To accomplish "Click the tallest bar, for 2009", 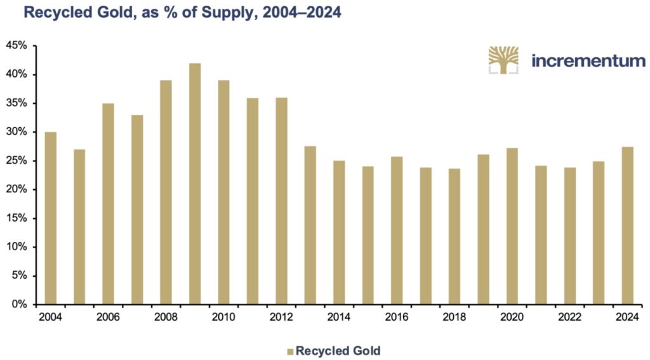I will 195,183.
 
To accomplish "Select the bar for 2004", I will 51,218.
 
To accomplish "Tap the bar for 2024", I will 627,225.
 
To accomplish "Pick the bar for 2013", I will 310,225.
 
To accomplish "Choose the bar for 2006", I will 108,203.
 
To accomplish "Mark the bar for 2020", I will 512,226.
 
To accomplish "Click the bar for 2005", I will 79,227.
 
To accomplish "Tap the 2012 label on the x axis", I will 281,316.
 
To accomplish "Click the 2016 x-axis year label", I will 396,316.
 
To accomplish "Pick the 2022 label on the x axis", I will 569,316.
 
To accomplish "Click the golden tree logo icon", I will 503,60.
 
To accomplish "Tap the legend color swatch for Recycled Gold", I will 290,350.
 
